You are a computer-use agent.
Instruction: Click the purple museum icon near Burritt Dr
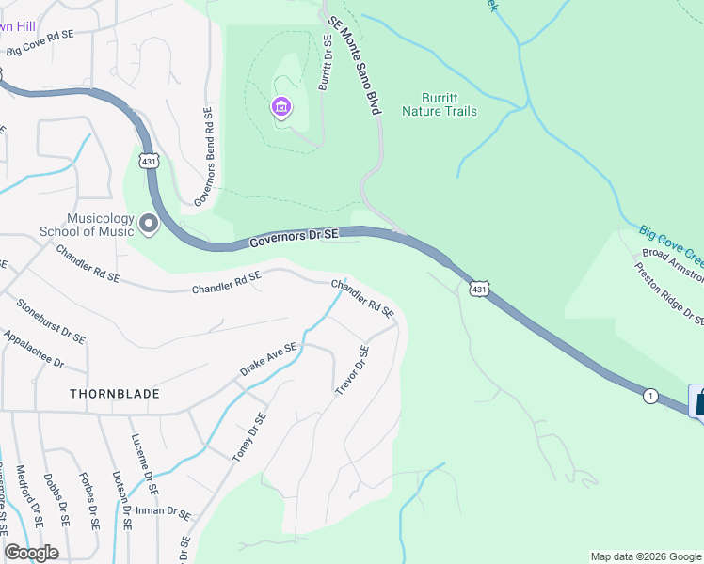point(280,108)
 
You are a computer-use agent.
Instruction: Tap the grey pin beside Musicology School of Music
point(148,225)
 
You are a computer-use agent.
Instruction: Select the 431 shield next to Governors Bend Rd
point(148,161)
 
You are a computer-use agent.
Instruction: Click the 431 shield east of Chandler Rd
point(479,290)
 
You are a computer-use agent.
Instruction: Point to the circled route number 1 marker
point(650,396)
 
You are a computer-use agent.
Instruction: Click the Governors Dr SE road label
point(294,240)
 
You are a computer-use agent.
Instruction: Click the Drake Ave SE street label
point(268,359)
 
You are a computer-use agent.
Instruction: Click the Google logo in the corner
point(31,553)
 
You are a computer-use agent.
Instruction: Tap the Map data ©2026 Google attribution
point(645,556)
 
